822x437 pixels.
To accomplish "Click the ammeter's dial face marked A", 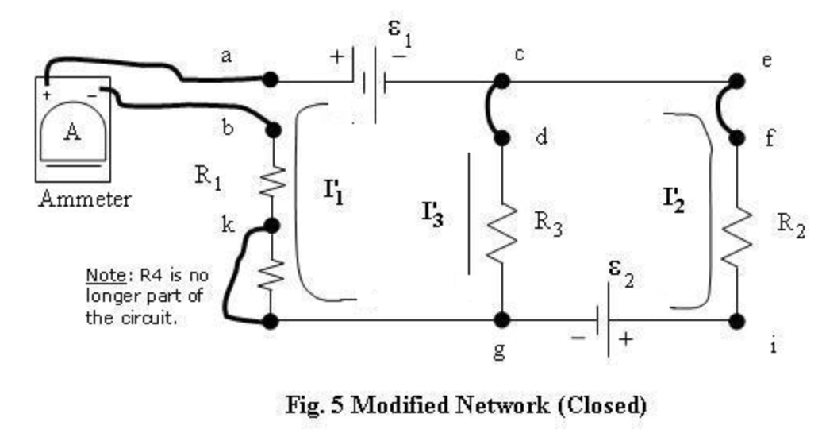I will click(72, 133).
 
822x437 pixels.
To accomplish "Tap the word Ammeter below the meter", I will click(84, 199).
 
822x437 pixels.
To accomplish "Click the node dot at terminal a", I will click(271, 79).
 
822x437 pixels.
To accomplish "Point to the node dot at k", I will click(271, 226).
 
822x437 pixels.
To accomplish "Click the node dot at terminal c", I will click(501, 81).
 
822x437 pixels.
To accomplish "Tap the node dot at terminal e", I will click(737, 81).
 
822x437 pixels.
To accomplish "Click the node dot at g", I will click(501, 320).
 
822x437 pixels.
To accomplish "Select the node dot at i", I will click(737, 321).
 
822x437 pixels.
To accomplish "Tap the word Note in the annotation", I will click(100, 276).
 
